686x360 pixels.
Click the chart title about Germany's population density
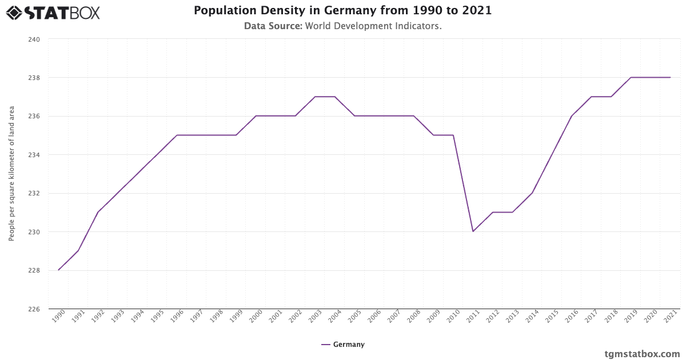pyautogui.click(x=342, y=10)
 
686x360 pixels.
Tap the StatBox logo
pyautogui.click(x=53, y=13)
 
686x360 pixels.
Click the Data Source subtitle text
pyautogui.click(x=342, y=26)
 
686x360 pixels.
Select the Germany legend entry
pyautogui.click(x=343, y=345)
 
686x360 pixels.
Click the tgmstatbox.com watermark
pyautogui.click(x=642, y=354)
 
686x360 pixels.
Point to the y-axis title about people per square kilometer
pyautogui.click(x=11, y=174)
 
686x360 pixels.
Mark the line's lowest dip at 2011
pyautogui.click(x=473, y=231)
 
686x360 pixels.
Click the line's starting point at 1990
pyautogui.click(x=59, y=270)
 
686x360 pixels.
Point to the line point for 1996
pyautogui.click(x=177, y=135)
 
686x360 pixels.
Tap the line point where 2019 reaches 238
pyautogui.click(x=631, y=77)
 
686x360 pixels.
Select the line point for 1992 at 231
pyautogui.click(x=98, y=212)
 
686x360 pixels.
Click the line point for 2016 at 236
pyautogui.click(x=572, y=116)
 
